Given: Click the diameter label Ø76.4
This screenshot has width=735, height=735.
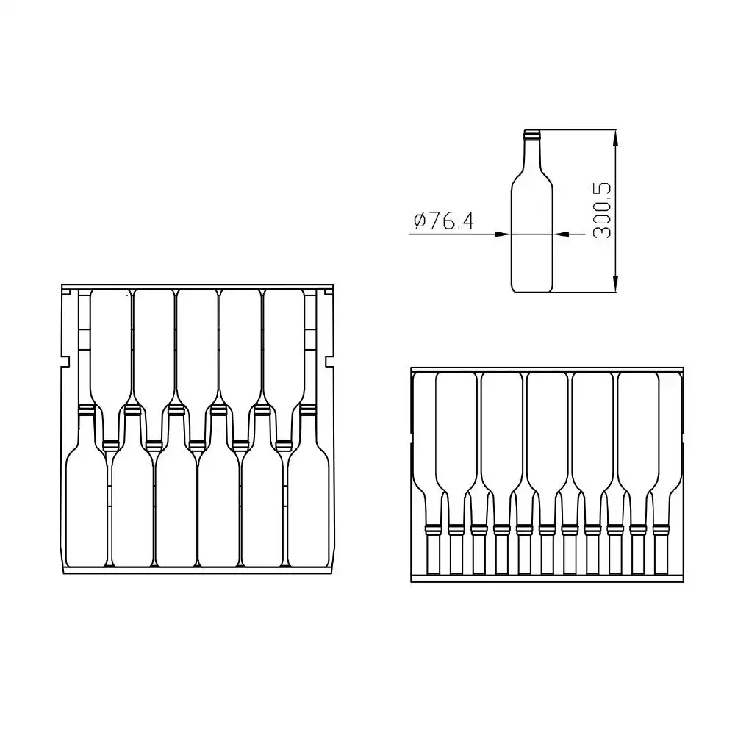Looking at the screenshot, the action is coord(443,220).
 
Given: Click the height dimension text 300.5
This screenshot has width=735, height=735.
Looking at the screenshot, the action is coord(603,211).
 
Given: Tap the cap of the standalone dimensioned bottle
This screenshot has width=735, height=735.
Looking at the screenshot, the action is coord(531,135).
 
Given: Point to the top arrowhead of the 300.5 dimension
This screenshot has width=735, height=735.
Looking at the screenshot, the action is coord(615,138).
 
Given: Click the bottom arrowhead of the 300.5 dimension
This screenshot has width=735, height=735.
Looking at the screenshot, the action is coord(615,284).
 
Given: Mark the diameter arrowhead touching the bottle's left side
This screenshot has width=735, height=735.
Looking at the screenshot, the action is coord(502,234).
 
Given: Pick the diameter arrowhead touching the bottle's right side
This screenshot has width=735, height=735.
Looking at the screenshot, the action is coord(562,234).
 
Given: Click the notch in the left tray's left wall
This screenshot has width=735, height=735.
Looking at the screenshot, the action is coord(66,362).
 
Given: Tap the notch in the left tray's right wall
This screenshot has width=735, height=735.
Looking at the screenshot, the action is coord(329,362).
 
